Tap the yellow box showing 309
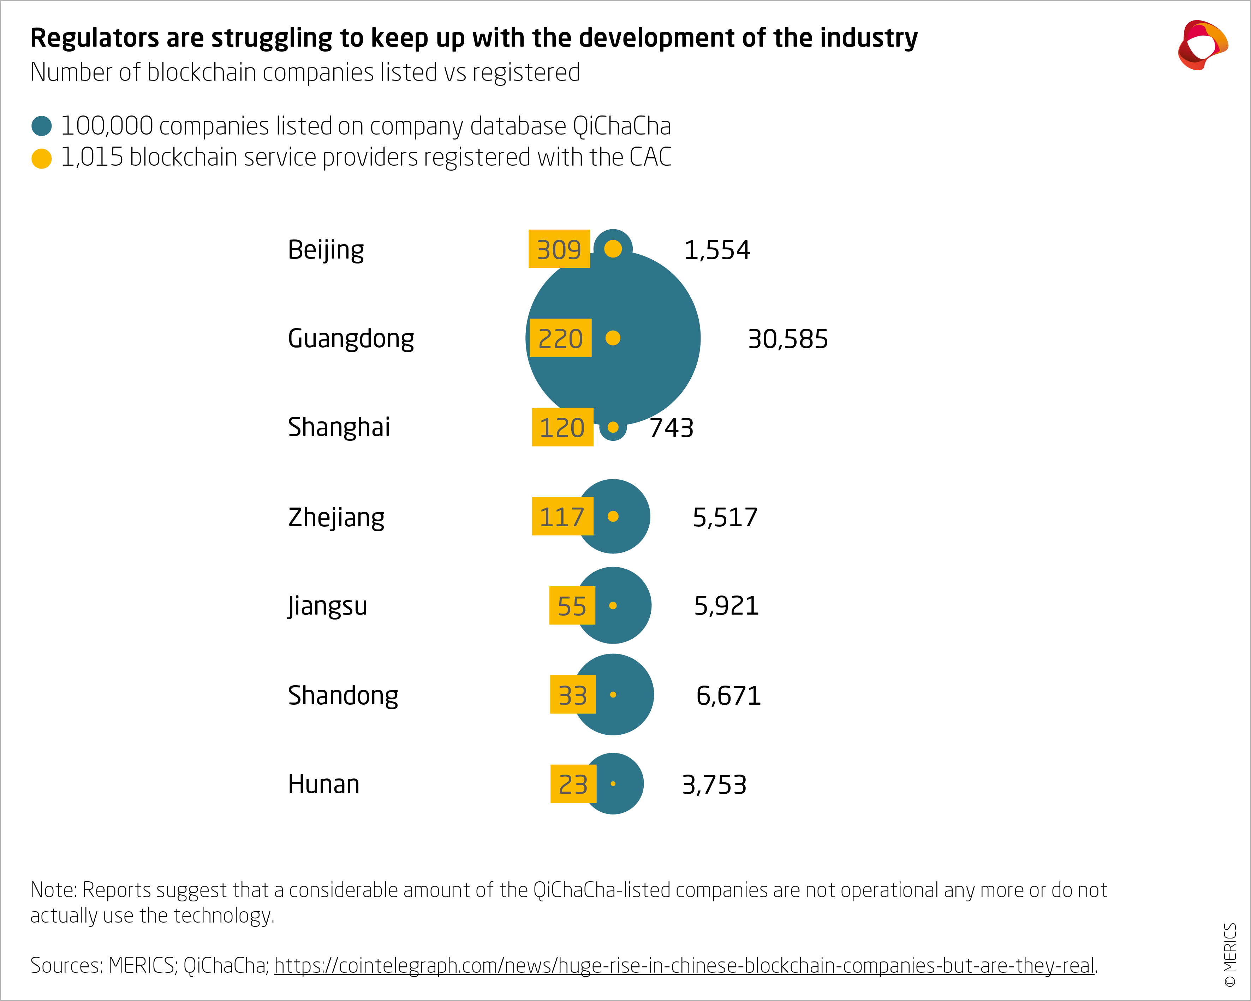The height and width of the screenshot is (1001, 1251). (x=559, y=249)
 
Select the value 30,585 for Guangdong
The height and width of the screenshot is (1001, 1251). (x=787, y=339)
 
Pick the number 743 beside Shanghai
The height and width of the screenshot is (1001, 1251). (x=671, y=428)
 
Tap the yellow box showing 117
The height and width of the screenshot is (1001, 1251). (x=562, y=516)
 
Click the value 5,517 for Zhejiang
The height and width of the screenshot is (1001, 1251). (x=725, y=517)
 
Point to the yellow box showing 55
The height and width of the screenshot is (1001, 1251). (x=572, y=606)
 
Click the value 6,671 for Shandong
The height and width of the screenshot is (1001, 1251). (x=728, y=695)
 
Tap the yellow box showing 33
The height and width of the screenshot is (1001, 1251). (x=573, y=695)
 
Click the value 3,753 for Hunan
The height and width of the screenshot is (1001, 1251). (x=714, y=784)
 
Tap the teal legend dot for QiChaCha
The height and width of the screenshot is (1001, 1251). (x=41, y=126)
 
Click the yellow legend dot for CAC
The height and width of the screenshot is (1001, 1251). (x=41, y=158)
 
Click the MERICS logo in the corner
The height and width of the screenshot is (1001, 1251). (x=1202, y=45)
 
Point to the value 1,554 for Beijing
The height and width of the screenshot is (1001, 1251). (x=717, y=250)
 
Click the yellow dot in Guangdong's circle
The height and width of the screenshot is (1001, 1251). (x=613, y=338)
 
